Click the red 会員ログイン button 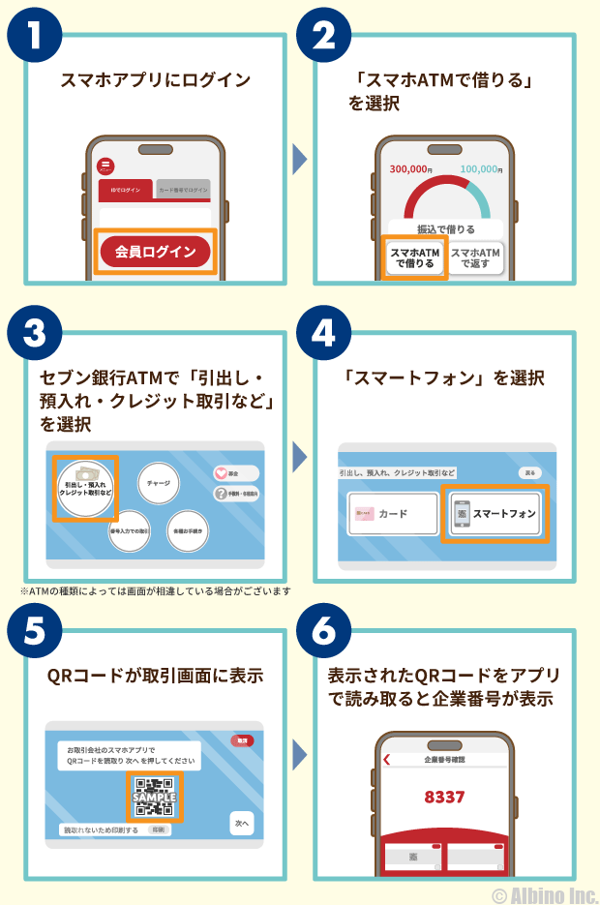point(155,252)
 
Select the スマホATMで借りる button point(414,257)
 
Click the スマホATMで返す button point(476,257)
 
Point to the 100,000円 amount point(480,169)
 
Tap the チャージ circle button point(159,481)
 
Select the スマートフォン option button point(495,514)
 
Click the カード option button point(393,514)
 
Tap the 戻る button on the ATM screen point(528,473)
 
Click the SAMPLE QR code point(153,797)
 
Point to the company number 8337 point(444,798)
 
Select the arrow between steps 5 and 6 point(299,754)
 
